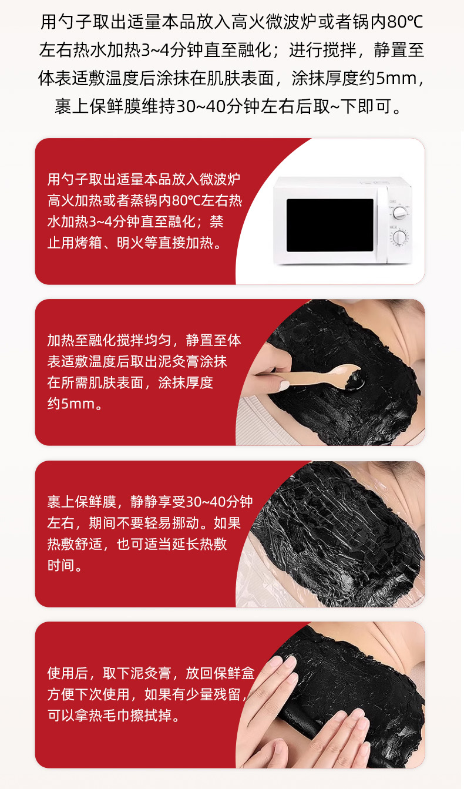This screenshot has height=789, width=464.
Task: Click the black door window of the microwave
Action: click(x=330, y=225)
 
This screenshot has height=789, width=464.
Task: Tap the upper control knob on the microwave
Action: click(x=399, y=213)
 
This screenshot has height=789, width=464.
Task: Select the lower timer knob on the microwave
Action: click(x=399, y=238)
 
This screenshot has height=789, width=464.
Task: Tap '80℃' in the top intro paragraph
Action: click(x=405, y=22)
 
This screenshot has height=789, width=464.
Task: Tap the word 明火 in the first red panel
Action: click(x=130, y=243)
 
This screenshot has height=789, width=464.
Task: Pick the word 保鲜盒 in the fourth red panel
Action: click(x=234, y=673)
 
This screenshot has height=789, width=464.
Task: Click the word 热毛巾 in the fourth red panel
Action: click(x=109, y=715)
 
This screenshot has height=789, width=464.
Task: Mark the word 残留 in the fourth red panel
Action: click(x=227, y=694)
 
